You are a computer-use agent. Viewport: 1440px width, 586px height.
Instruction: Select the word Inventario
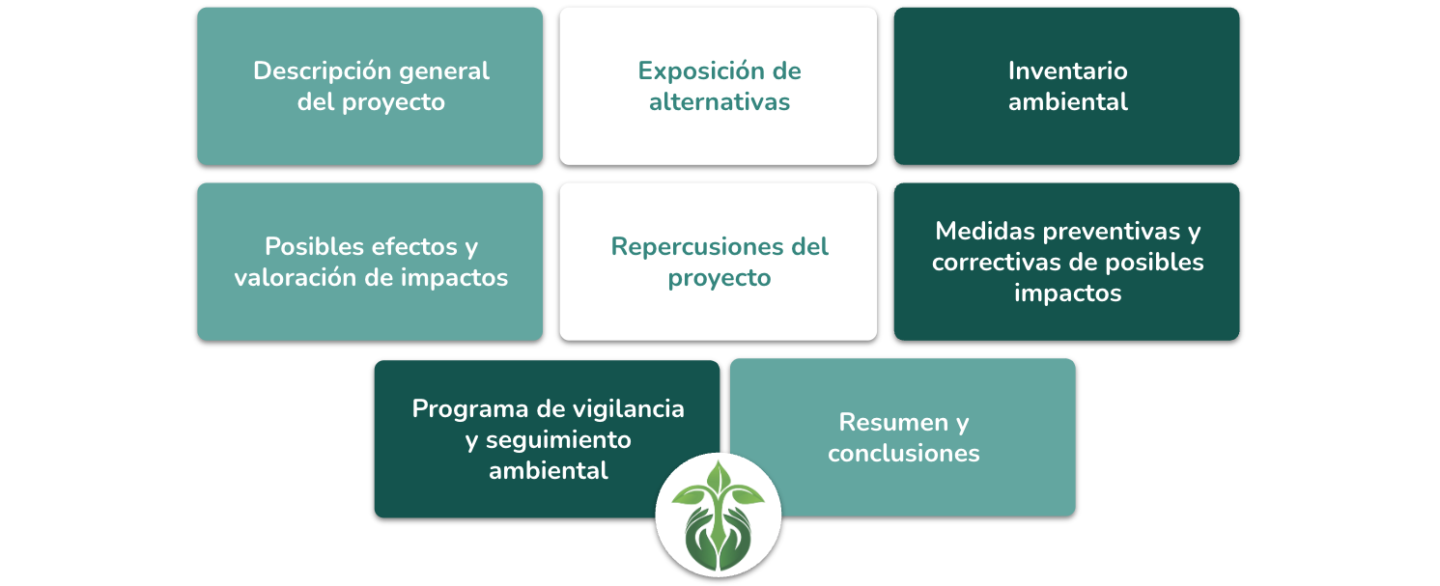click(1068, 70)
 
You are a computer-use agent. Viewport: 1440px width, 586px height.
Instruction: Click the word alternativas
click(720, 101)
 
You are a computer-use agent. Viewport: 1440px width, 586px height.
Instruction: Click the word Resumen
click(893, 423)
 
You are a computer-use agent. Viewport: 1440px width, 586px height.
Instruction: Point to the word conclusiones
click(904, 454)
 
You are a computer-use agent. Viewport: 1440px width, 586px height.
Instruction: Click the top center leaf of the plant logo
click(719, 477)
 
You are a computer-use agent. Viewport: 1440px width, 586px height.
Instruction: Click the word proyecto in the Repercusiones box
click(720, 279)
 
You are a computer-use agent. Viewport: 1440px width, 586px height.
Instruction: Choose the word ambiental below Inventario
click(1068, 101)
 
